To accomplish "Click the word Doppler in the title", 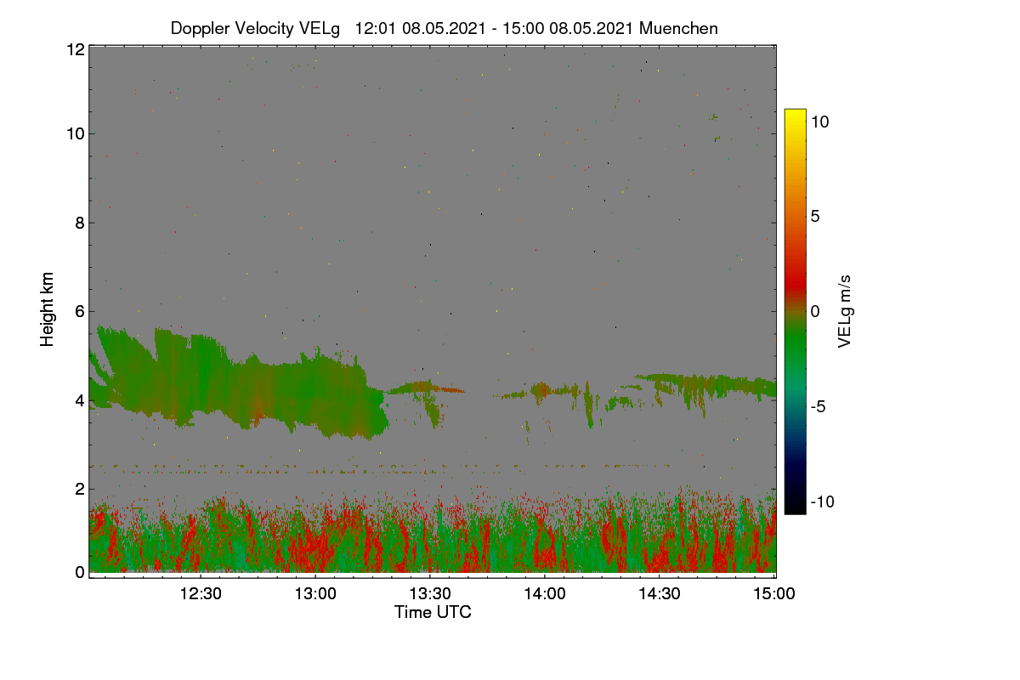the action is coord(200,29).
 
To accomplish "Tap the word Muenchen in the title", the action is coord(678,28).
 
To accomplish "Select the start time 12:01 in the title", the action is coord(375,28).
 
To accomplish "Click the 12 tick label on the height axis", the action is coord(76,49).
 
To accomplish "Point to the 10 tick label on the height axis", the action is coord(76,134).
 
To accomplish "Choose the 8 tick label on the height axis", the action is coord(80,223).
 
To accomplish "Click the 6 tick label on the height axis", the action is coord(80,312).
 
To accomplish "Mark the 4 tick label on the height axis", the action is coord(80,401).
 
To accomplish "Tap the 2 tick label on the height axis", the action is coord(80,489).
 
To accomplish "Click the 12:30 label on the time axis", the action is coord(201,593).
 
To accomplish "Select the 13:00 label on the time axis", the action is coord(315,593).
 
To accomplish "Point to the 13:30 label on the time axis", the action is coord(430,593).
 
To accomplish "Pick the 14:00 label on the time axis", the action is coord(545,593).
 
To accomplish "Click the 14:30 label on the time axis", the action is coord(660,593).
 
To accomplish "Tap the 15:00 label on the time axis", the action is coord(774,593).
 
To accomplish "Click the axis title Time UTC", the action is coord(433,612).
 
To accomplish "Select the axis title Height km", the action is coord(47,309).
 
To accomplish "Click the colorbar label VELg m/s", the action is coord(844,312).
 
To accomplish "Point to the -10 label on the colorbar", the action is coord(823,501).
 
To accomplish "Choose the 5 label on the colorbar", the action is coord(815,217).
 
